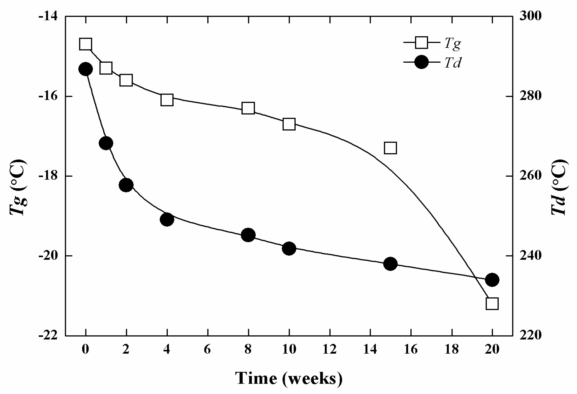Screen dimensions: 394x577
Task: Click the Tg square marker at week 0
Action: coord(85,44)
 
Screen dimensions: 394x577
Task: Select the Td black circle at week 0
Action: coord(85,69)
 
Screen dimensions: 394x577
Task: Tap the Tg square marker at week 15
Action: coord(390,148)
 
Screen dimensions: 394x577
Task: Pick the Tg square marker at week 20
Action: coord(492,304)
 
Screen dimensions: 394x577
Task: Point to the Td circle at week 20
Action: coord(492,280)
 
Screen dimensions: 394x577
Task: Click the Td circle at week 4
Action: coord(167,219)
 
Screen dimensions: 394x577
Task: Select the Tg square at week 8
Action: coord(248,108)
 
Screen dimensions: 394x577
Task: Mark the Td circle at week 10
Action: coord(289,249)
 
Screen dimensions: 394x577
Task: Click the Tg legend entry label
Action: coord(452,44)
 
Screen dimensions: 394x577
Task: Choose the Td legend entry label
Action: coord(452,63)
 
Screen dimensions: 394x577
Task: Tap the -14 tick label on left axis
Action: coord(48,16)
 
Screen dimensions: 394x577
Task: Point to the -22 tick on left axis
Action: coord(48,335)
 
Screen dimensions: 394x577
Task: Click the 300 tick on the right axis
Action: coord(531,16)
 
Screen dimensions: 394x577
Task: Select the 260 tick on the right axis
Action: coord(531,176)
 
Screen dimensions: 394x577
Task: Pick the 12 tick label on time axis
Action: coord(329,350)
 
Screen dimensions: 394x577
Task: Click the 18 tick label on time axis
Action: coord(451,350)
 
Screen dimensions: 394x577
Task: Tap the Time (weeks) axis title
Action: coord(288,378)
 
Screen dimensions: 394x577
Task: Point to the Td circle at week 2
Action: coord(126,185)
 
